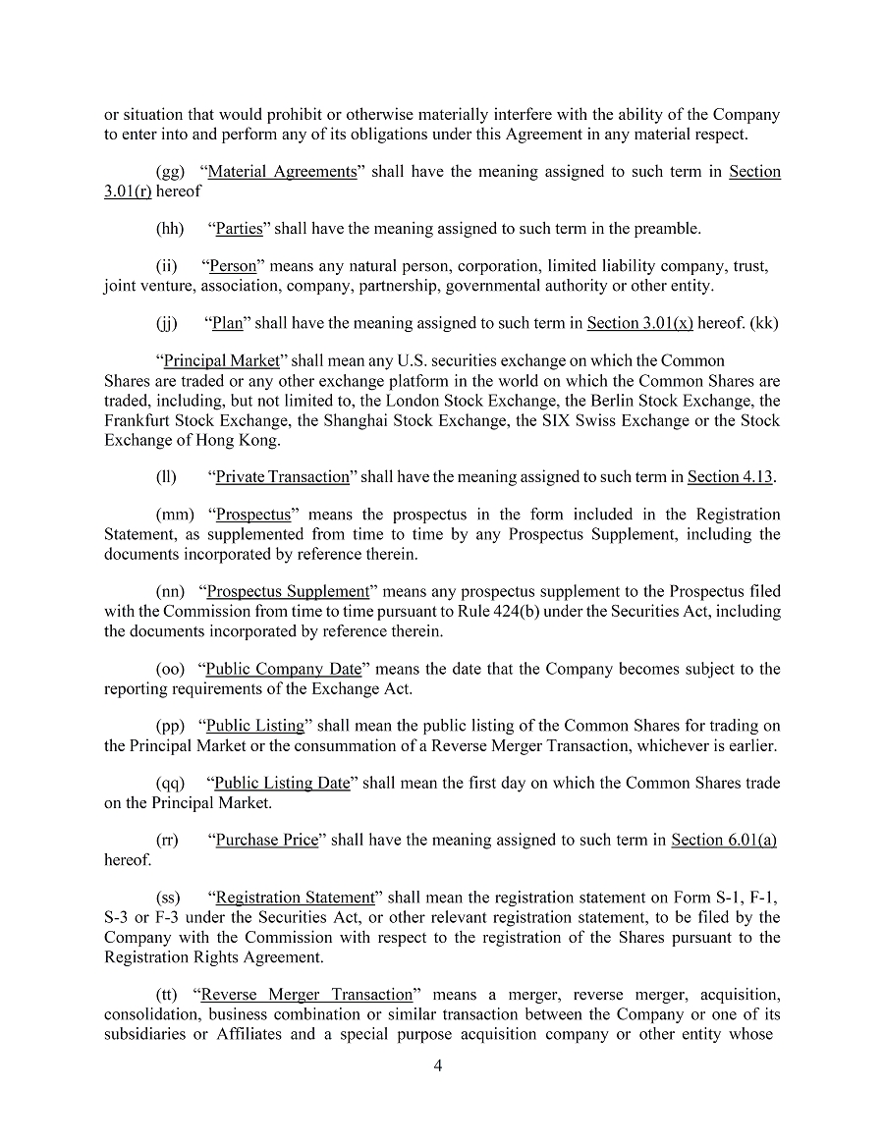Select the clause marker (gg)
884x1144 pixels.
(x=170, y=172)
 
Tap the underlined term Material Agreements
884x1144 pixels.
(x=283, y=172)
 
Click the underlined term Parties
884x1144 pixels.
(x=240, y=229)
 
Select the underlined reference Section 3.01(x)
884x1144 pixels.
(x=639, y=324)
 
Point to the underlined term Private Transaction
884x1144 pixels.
(x=283, y=477)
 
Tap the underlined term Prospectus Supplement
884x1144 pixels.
(x=288, y=592)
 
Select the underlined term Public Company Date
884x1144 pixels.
(x=284, y=669)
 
